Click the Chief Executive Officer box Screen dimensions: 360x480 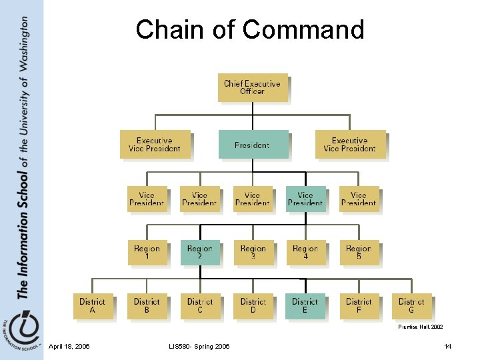(253, 87)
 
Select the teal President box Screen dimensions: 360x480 (253, 145)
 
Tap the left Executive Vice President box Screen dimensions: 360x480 (155, 145)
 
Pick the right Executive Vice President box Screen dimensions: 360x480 (350, 145)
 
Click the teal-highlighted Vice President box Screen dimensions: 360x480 (305, 199)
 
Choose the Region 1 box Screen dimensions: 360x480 (147, 253)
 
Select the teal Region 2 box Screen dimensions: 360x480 (200, 253)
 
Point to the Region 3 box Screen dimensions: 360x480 (253, 253)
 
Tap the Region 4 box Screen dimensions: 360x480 (305, 253)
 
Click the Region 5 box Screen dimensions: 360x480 (359, 253)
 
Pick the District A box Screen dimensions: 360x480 (93, 305)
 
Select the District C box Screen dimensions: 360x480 (200, 305)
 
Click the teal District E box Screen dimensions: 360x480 (305, 305)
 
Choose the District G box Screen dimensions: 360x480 (411, 305)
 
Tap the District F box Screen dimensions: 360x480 (359, 305)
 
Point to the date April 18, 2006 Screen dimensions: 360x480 (70, 346)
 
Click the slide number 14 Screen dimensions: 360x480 (448, 346)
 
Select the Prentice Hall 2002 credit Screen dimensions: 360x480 (420, 327)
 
